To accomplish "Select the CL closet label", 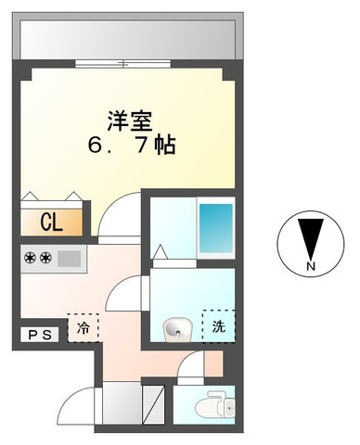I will pos(50,222).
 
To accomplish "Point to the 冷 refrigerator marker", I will pos(83,327).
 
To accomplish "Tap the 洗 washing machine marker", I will pos(219,325).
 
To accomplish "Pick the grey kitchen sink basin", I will pos(70,259).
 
